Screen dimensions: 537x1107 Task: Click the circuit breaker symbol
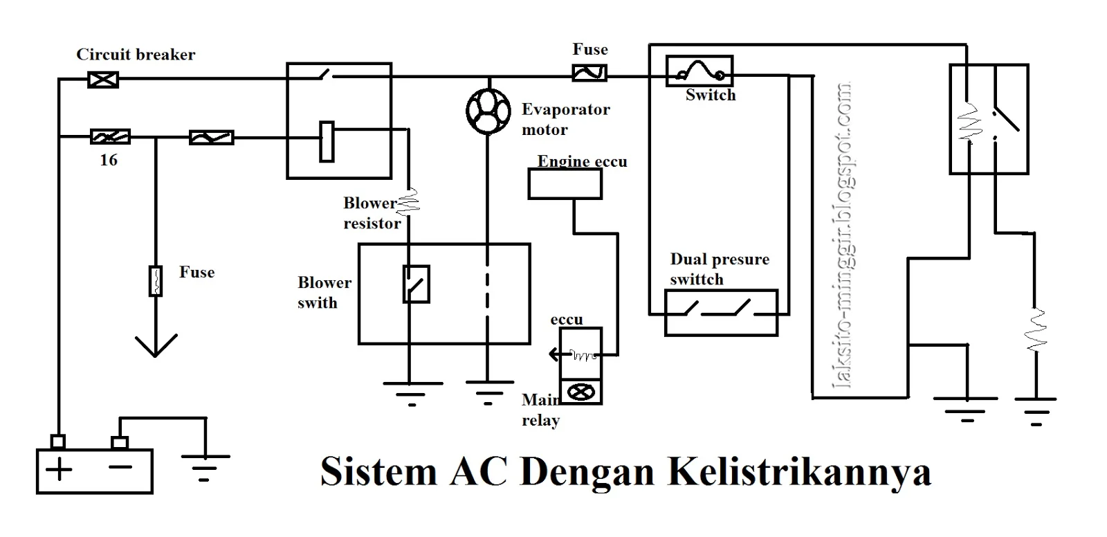[103, 80]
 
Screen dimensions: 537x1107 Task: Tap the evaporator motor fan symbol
[488, 111]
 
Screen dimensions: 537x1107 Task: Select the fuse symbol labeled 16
[110, 137]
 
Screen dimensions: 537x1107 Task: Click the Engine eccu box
[565, 184]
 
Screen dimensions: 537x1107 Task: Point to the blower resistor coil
[409, 201]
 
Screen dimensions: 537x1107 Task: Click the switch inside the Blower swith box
[416, 284]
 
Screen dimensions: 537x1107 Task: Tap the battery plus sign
[60, 470]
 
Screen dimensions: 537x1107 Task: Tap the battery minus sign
[120, 468]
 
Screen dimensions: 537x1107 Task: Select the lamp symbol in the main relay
[580, 392]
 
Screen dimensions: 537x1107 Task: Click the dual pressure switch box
[721, 313]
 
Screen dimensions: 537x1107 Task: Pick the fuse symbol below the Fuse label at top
[589, 73]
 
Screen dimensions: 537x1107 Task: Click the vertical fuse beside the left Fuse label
[156, 280]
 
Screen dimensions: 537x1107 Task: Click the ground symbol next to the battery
[204, 466]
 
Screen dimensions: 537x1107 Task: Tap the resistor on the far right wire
[1036, 331]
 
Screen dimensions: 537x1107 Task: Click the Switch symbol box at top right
[699, 71]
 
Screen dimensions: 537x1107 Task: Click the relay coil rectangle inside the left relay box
[327, 142]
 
